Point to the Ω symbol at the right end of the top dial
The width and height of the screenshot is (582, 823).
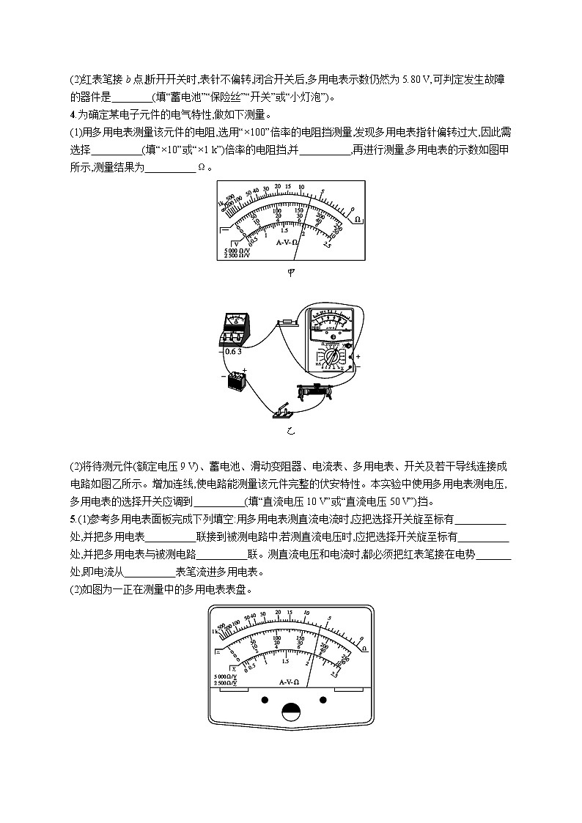tap(357, 218)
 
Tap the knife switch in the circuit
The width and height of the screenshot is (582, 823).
tap(281, 413)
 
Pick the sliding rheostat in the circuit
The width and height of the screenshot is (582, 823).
tap(320, 391)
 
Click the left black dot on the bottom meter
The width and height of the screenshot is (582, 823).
tap(262, 700)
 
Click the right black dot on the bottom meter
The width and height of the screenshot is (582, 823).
tap(321, 700)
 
